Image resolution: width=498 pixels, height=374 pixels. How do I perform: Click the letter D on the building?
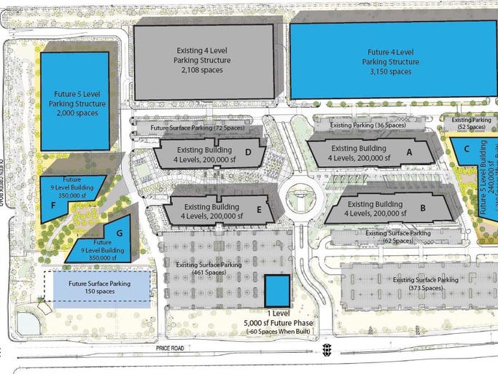(249, 152)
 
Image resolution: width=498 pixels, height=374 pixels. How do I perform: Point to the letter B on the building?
(422, 208)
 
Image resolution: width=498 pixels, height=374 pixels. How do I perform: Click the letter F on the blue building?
(54, 206)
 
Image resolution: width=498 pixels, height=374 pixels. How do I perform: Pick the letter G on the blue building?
(119, 233)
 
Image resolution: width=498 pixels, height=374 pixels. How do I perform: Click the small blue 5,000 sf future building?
(276, 290)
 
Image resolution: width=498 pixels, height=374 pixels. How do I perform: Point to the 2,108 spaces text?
(203, 71)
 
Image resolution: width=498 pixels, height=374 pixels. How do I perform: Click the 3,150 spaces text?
(390, 71)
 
